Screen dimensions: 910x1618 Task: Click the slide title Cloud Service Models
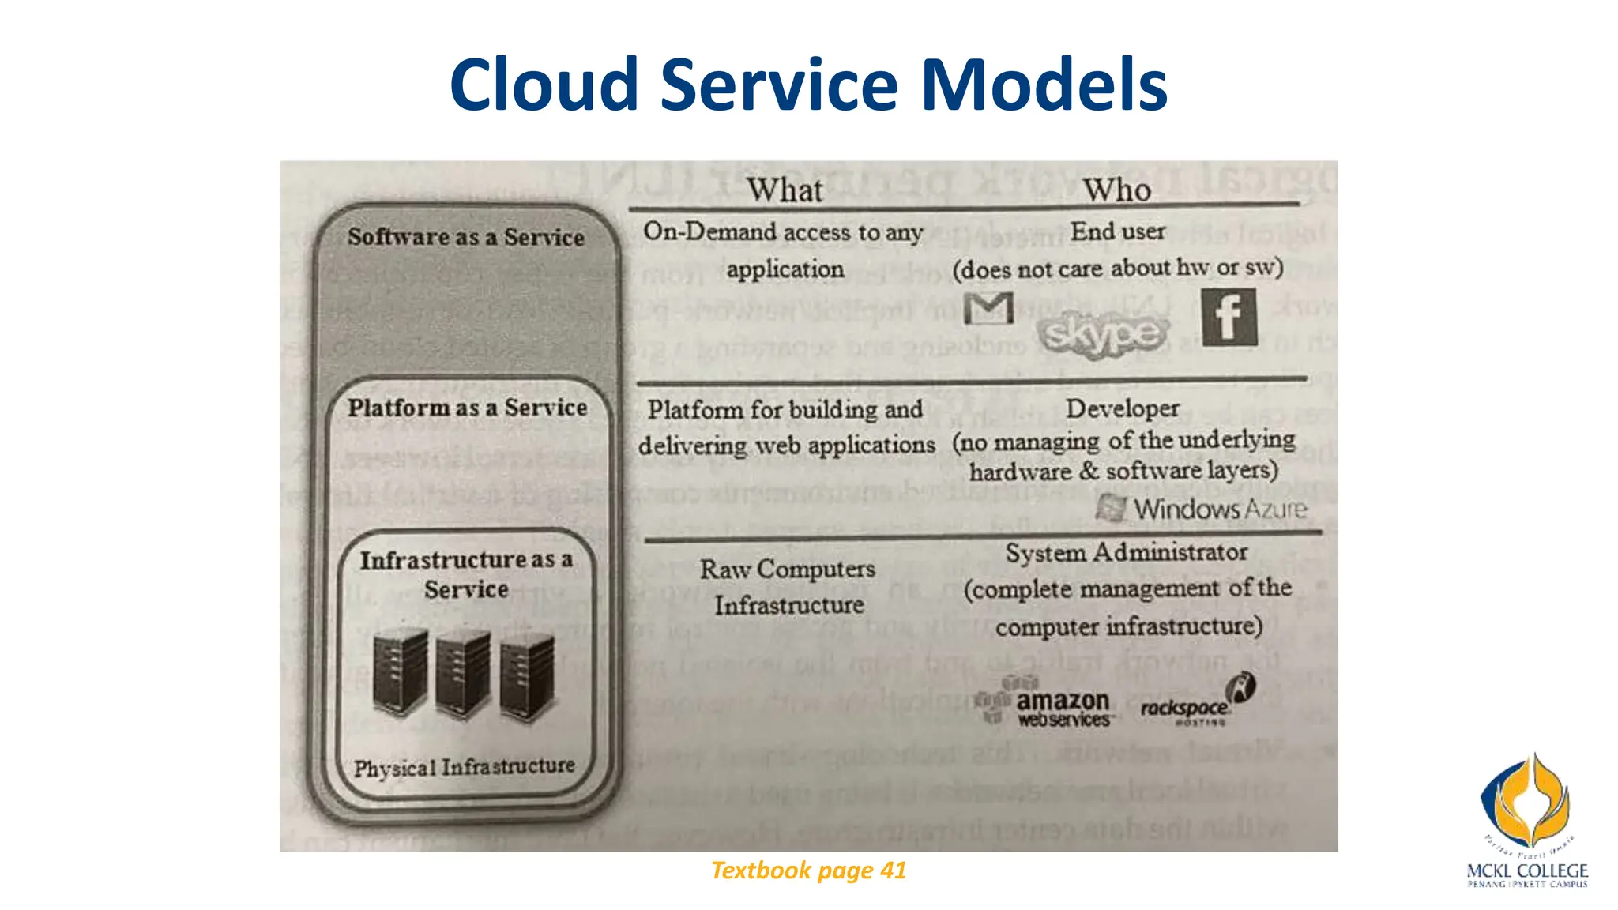(808, 85)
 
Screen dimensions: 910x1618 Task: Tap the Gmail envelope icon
(988, 308)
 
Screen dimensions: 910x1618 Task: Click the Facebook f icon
(1229, 317)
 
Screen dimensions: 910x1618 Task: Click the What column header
(785, 190)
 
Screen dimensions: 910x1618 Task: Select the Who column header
(1116, 190)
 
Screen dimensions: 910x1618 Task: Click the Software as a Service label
(466, 237)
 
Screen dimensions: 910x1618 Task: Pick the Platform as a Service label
(468, 408)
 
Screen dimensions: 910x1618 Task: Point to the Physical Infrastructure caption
(465, 767)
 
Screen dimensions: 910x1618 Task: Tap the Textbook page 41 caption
(808, 871)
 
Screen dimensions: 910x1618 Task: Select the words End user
(1118, 231)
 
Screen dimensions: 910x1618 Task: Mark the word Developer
(1122, 408)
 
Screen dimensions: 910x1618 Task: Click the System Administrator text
(1127, 552)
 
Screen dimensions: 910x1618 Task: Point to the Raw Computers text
(788, 570)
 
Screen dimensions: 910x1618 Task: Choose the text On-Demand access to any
(783, 232)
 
